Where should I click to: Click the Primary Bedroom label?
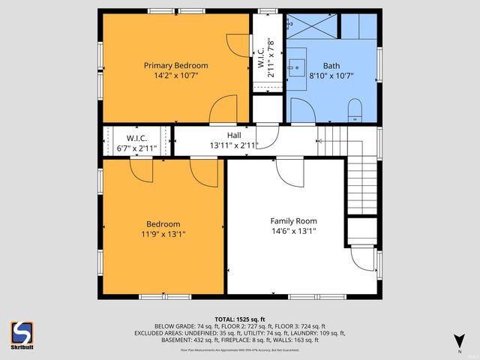[x=175, y=65]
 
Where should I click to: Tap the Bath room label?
[x=331, y=65]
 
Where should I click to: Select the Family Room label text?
[x=293, y=221]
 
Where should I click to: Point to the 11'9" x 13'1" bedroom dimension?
[x=163, y=234]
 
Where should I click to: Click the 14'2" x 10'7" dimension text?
[x=175, y=76]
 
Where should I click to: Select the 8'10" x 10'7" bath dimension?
[x=331, y=76]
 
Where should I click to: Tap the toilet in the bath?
[x=356, y=110]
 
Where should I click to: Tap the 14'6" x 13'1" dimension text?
[x=293, y=232]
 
